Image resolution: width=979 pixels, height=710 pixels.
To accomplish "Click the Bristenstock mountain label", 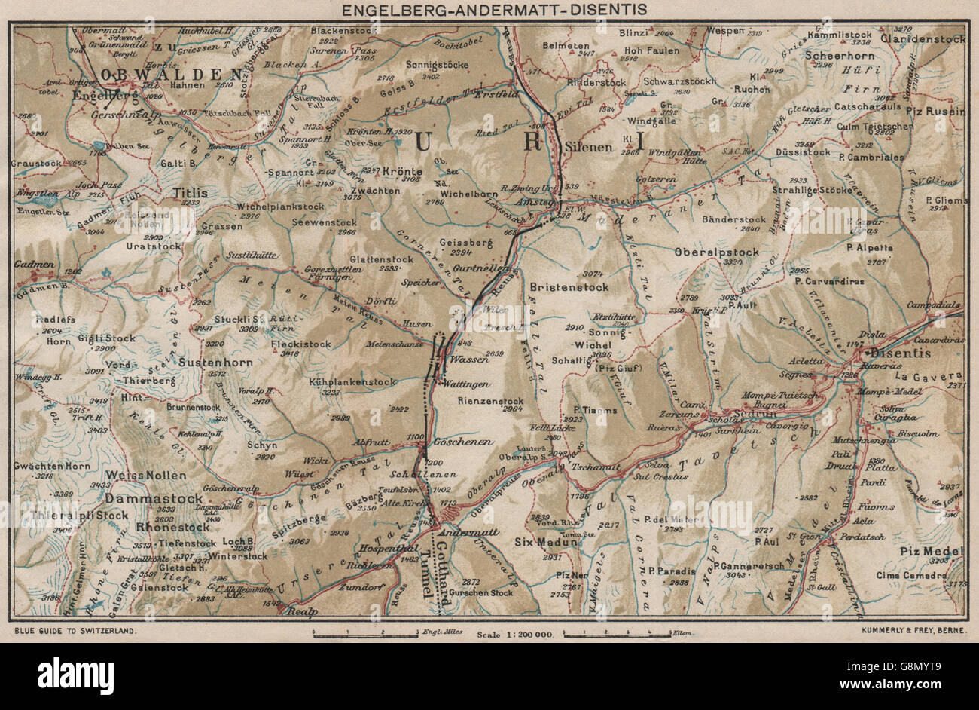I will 569,287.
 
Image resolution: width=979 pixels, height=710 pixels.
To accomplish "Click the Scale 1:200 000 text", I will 515,635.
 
